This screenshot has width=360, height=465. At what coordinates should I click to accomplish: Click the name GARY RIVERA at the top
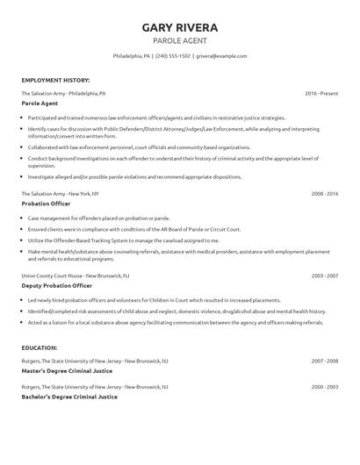180,27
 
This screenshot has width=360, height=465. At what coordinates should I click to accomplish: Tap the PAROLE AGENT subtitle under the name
180,40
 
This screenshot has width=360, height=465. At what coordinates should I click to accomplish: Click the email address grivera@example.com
223,56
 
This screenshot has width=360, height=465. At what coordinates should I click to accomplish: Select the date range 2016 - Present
321,93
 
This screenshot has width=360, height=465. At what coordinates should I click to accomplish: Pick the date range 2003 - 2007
324,275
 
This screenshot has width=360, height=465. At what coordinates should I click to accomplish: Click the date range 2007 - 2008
324,361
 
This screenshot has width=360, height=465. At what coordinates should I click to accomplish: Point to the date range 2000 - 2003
324,385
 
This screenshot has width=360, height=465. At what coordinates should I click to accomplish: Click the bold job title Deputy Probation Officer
58,285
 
